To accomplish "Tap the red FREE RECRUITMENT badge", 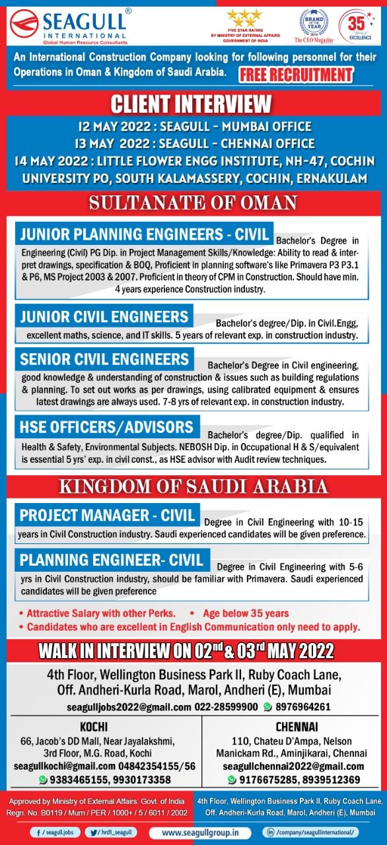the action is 296,73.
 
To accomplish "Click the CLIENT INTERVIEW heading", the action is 191,104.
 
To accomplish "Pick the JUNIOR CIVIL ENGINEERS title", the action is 104,316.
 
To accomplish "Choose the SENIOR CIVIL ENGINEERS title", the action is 104,359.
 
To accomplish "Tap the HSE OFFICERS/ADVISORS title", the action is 107,426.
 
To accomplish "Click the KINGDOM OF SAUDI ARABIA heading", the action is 194,487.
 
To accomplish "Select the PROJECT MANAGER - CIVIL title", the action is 108,515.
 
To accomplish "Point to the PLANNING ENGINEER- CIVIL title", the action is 112,560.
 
